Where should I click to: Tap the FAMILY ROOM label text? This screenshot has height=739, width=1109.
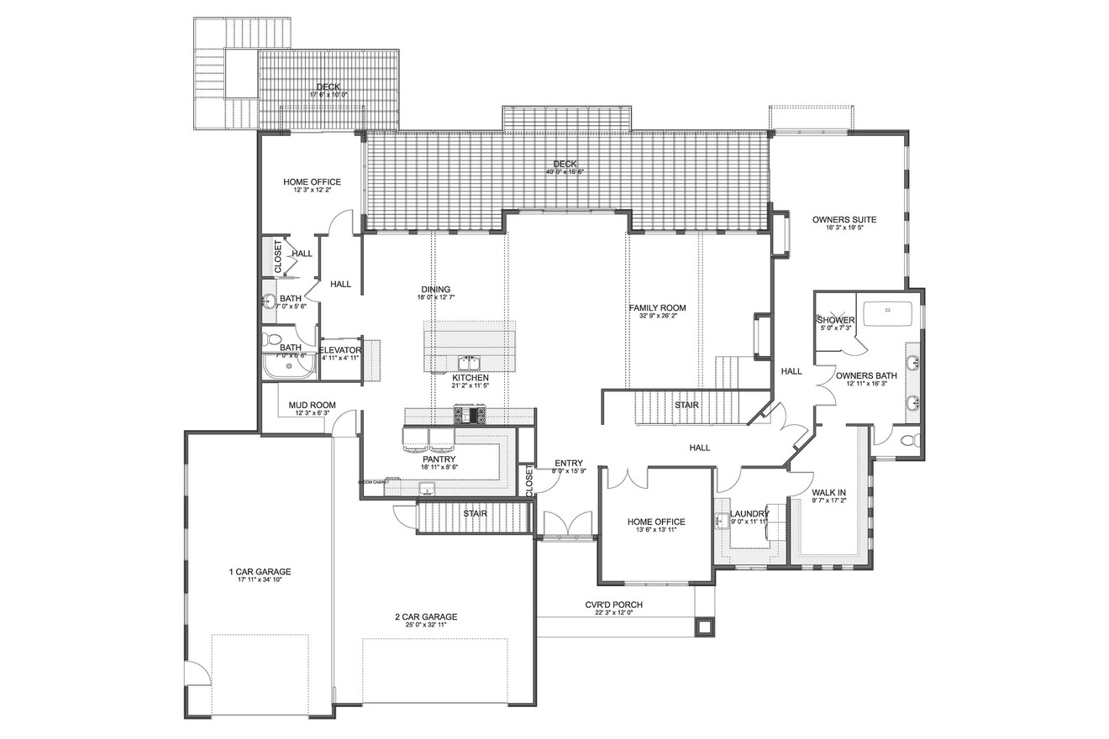(x=657, y=308)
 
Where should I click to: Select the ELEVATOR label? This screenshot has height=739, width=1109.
(x=339, y=349)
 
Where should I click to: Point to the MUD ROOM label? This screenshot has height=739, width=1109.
(x=312, y=405)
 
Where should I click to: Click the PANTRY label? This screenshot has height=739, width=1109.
(x=439, y=459)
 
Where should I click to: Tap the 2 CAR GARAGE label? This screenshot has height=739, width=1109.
(x=426, y=616)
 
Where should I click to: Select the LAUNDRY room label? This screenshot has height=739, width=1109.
(x=749, y=514)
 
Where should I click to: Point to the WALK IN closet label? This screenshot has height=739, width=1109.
(x=828, y=492)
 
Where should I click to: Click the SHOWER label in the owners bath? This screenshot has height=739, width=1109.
(x=836, y=320)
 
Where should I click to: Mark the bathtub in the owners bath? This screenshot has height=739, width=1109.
(x=887, y=312)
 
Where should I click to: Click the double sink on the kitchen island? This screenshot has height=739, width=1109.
(x=468, y=363)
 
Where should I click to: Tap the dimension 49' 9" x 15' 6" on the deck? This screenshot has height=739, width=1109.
(x=565, y=172)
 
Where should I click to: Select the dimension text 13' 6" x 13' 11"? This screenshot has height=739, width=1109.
(x=656, y=530)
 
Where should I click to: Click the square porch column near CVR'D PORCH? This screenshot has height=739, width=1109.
(x=702, y=626)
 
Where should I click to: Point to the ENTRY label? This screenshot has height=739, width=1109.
(x=570, y=464)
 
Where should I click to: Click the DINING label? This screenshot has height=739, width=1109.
(x=436, y=289)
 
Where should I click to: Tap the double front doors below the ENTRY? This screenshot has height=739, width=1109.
(x=569, y=525)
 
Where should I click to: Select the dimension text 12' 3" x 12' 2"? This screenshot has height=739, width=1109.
(x=312, y=191)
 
